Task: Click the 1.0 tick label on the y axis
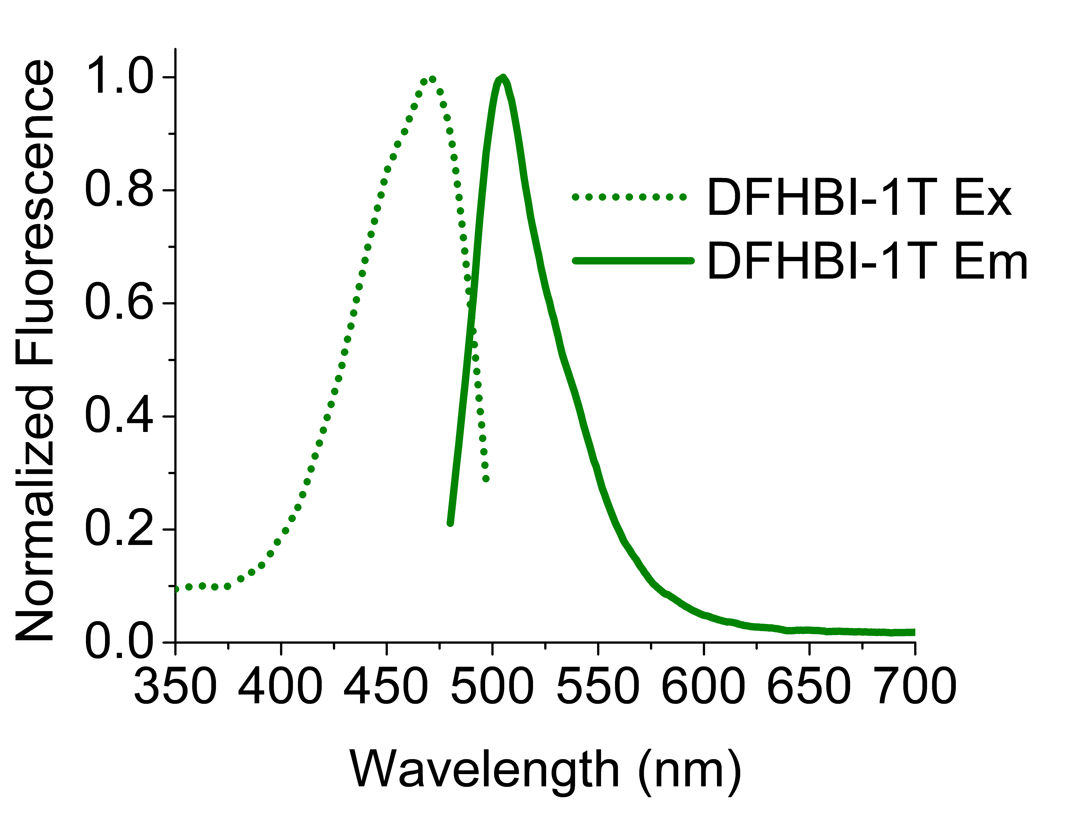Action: pyautogui.click(x=120, y=76)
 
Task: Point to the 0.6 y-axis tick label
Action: pyautogui.click(x=120, y=303)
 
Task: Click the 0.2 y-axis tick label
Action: pyautogui.click(x=120, y=529)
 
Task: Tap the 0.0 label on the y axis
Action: pyautogui.click(x=120, y=642)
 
